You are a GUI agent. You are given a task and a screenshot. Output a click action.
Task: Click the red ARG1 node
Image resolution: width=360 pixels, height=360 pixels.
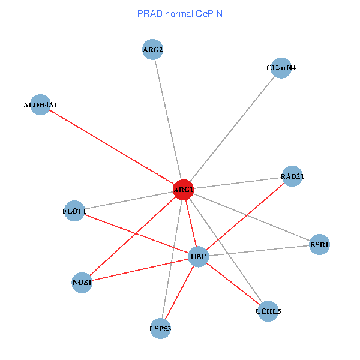[x=183, y=190]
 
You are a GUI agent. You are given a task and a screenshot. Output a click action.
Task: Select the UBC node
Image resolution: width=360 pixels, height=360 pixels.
[x=198, y=257]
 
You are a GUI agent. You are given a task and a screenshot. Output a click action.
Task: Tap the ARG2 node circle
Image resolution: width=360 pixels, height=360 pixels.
[x=153, y=49]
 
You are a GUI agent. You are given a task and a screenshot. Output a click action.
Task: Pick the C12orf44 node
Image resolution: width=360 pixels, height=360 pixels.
[x=281, y=68]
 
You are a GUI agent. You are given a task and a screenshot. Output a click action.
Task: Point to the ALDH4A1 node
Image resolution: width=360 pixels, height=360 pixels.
[x=40, y=104]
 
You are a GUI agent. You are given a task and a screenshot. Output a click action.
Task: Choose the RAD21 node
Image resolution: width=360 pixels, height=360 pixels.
[x=292, y=176]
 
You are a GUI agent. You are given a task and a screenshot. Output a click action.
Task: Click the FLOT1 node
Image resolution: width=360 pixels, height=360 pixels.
[x=74, y=211]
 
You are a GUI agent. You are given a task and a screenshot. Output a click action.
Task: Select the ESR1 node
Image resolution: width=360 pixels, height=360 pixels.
[x=319, y=244]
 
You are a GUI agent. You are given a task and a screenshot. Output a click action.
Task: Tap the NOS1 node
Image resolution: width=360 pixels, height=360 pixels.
[x=82, y=283]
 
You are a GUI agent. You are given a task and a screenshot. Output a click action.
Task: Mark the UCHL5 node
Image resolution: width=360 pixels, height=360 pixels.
[x=268, y=311]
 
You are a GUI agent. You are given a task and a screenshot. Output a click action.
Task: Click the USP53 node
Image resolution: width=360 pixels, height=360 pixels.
[x=160, y=328]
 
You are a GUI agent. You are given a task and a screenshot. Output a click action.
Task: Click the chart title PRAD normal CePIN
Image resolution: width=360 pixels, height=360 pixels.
[x=179, y=13]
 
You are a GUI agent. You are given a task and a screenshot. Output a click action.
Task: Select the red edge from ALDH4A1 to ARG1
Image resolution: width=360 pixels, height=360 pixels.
[x=112, y=147]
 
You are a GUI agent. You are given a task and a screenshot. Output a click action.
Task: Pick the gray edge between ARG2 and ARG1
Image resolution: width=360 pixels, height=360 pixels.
[x=168, y=119]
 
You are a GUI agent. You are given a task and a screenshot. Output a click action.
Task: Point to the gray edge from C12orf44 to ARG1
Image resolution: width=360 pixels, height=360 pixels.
[x=232, y=128]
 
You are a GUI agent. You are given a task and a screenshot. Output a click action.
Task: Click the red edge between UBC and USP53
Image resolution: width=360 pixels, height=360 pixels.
[x=179, y=293]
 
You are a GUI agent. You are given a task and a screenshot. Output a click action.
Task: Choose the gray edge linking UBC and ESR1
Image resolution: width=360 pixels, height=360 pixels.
[x=259, y=250]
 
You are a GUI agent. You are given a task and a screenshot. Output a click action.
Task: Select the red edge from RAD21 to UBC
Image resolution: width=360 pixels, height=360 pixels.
[x=245, y=216]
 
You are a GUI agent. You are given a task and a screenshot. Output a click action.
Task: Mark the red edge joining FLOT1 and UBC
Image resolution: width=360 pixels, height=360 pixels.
[x=136, y=234]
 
